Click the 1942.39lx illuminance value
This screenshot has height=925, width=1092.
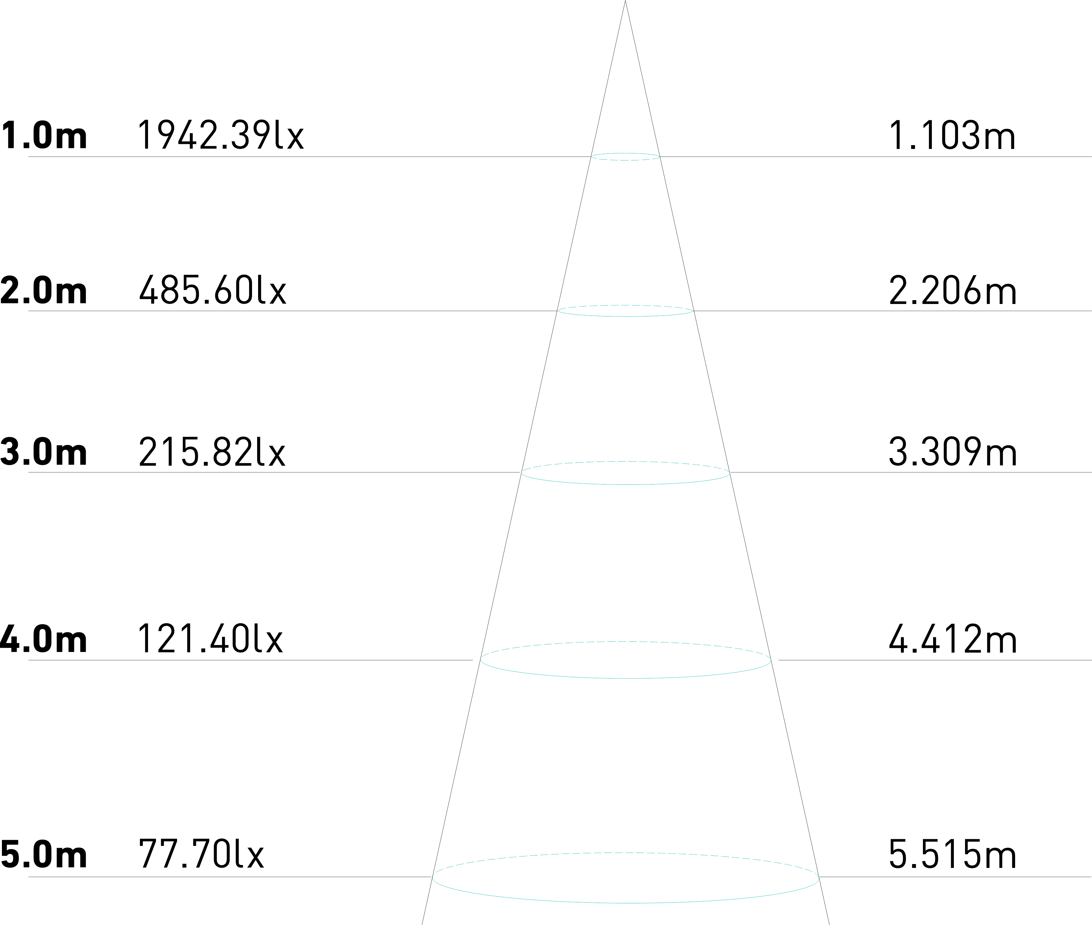click(220, 135)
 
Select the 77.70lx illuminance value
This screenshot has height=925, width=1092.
click(201, 855)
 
